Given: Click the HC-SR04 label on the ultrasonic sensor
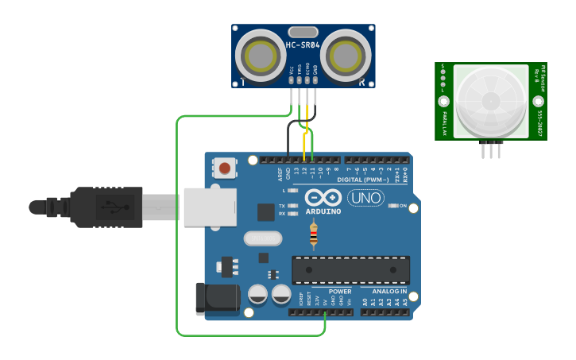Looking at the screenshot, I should tap(303, 45).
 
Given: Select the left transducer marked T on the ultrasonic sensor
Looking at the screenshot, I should tap(261, 56).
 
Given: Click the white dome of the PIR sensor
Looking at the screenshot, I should tap(490, 100).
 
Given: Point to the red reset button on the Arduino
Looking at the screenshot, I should tap(225, 168).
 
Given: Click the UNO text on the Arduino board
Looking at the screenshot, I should tap(365, 199).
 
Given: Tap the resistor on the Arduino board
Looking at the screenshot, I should tap(314, 234).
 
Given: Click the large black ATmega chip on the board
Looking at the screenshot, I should tap(350, 270).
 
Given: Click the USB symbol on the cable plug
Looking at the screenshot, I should tap(110, 208).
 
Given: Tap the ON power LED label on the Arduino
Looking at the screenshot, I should tap(403, 207).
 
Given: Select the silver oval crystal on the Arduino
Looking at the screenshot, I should tap(262, 238).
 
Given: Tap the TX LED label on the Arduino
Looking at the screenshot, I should tap(282, 206).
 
